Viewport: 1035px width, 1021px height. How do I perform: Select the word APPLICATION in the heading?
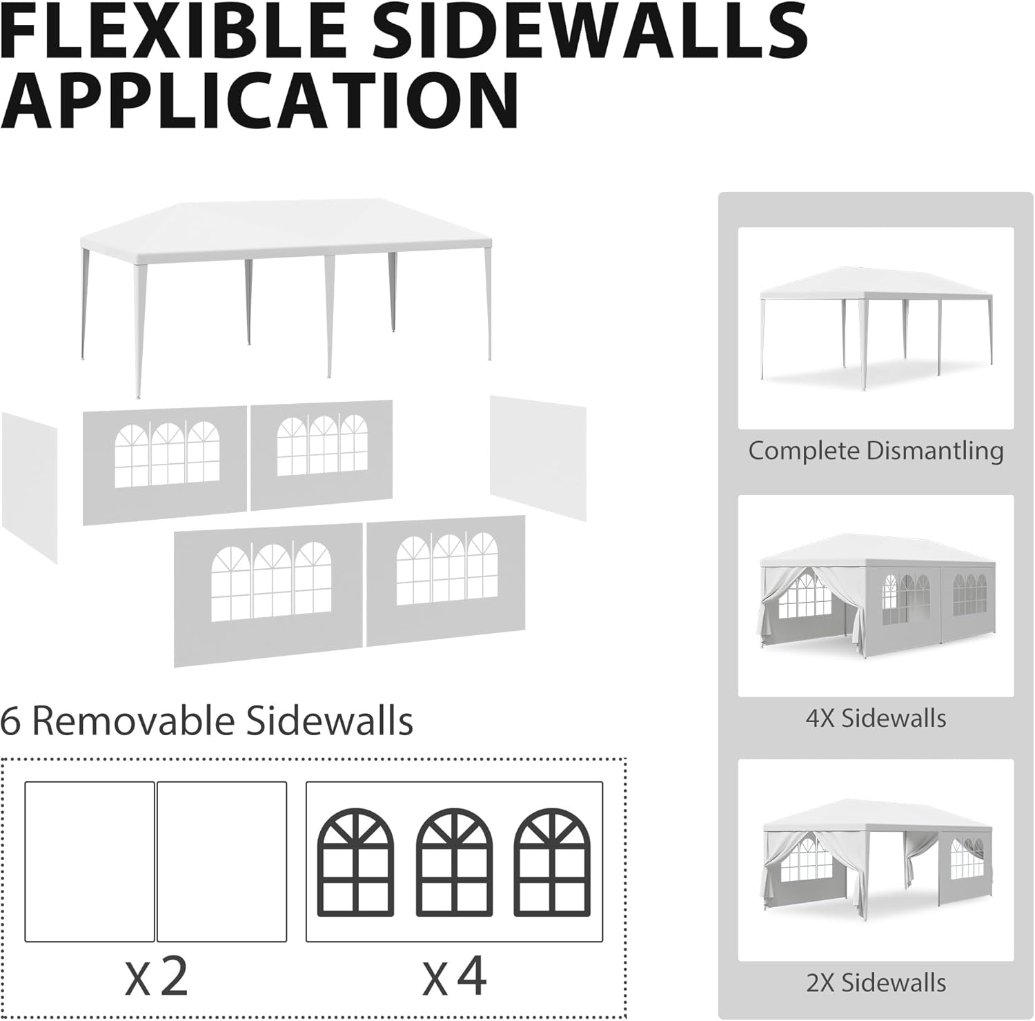pos(261,99)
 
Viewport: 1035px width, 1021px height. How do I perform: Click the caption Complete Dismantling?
pos(876,451)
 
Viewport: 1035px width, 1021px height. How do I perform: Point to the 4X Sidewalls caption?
pos(876,718)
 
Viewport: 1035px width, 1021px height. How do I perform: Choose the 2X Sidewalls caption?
pos(876,982)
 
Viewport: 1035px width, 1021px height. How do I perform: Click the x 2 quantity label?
pos(157,976)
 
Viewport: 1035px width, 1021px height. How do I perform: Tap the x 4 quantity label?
pos(455,976)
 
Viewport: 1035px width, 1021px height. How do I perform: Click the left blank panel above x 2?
pos(90,862)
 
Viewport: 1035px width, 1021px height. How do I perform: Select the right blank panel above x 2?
pos(221,862)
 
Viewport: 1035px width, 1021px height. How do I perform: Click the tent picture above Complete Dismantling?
pos(876,328)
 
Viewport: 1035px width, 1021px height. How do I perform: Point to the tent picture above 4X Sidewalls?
pos(876,595)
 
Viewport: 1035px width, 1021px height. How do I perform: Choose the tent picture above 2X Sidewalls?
pos(876,859)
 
